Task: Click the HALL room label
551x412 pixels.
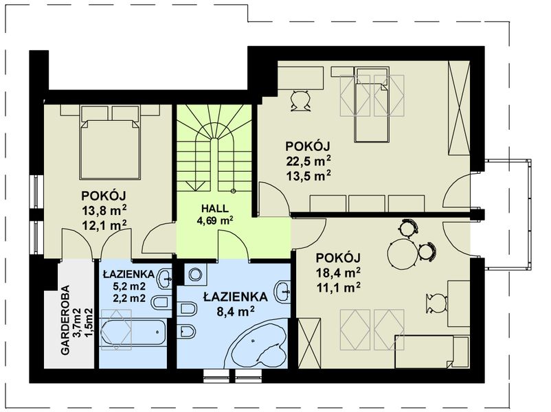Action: (x=215, y=208)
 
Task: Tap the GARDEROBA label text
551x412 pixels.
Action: (x=65, y=320)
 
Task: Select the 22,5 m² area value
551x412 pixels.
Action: (x=308, y=161)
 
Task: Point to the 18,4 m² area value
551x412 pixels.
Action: (x=338, y=273)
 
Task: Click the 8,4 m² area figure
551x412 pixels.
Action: (x=236, y=312)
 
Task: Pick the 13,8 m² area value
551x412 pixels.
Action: (x=104, y=210)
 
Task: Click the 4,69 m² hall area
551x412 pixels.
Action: (x=215, y=220)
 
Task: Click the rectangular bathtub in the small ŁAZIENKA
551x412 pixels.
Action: (x=133, y=332)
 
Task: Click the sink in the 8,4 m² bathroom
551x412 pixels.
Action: (x=283, y=291)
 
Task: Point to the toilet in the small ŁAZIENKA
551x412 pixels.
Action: (x=161, y=303)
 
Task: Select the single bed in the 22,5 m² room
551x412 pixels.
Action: (x=372, y=104)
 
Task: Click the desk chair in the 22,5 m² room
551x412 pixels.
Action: (x=301, y=101)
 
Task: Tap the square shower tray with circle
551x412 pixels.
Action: (x=195, y=274)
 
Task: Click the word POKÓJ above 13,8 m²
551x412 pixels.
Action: (x=104, y=195)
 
